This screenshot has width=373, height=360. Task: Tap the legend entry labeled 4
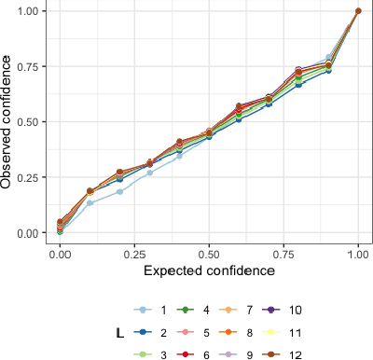204,309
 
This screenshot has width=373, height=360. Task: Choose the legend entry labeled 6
204,353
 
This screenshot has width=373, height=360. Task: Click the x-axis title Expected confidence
209,270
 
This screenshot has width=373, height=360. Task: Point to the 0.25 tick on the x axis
134,252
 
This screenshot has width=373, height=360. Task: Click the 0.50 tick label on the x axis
209,252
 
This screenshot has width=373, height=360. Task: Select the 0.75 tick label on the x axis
283,252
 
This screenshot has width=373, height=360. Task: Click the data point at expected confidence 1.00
358,11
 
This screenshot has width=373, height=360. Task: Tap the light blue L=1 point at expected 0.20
119,192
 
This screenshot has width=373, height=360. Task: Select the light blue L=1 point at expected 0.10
90,203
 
